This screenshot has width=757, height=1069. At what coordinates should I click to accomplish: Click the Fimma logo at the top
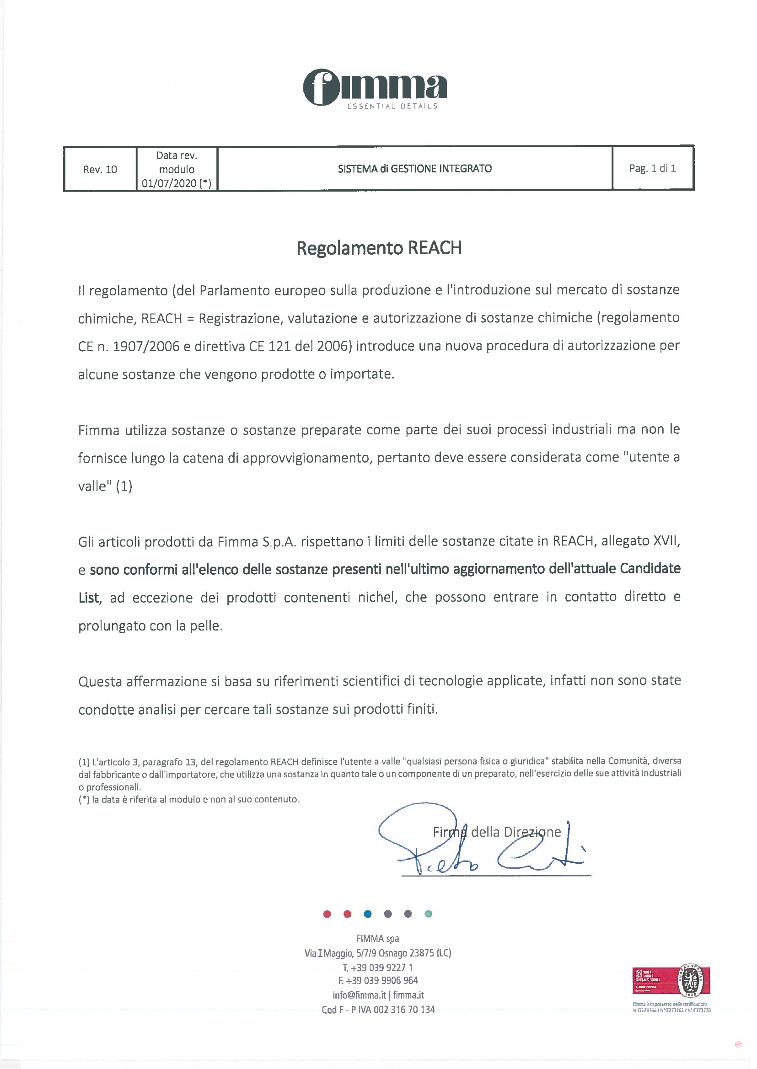point(375,89)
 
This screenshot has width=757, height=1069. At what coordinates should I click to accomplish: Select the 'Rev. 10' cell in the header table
point(100,169)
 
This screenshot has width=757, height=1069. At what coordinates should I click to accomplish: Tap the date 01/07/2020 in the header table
point(169,183)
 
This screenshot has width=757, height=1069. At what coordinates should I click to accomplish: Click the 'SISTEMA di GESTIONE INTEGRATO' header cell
point(414,168)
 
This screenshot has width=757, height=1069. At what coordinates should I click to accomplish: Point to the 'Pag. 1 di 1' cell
point(652,168)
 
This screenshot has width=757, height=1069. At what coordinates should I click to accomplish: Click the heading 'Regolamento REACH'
point(379,248)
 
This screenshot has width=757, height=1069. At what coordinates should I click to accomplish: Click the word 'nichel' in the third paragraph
point(377,597)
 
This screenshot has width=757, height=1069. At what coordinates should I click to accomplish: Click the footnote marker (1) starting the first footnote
point(84,762)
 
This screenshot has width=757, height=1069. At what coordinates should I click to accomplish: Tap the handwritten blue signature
point(480,844)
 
